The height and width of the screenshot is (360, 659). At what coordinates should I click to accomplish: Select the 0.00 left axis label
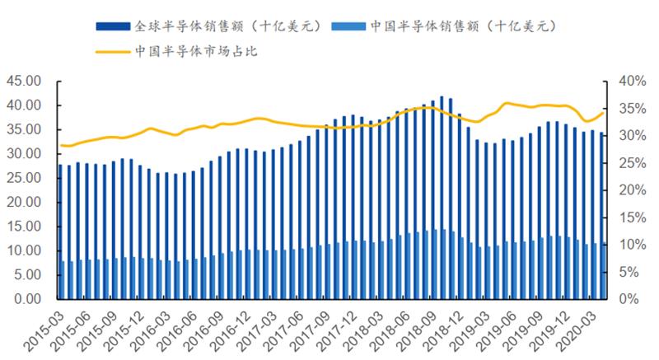click(26, 300)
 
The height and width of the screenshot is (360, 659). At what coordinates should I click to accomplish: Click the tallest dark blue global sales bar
click(442, 198)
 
